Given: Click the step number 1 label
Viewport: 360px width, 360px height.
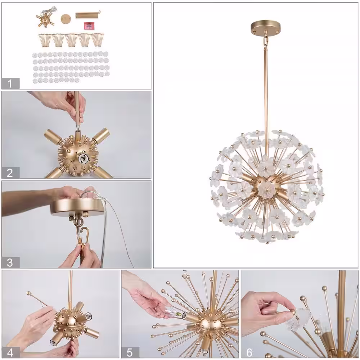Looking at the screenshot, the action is point(10,84).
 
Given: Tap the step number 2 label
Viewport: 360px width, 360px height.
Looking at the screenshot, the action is point(10,173).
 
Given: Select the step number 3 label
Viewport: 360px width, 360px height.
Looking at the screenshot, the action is point(10,262).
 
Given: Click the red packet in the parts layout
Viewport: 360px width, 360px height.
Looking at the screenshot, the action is point(89,26).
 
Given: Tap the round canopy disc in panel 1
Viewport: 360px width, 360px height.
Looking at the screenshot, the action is point(65,18).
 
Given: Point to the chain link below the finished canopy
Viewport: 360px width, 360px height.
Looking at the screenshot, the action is point(266,41).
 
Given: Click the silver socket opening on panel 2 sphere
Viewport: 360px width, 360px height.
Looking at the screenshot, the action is point(82,158).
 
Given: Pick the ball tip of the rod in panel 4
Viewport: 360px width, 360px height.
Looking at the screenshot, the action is point(29,293).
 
